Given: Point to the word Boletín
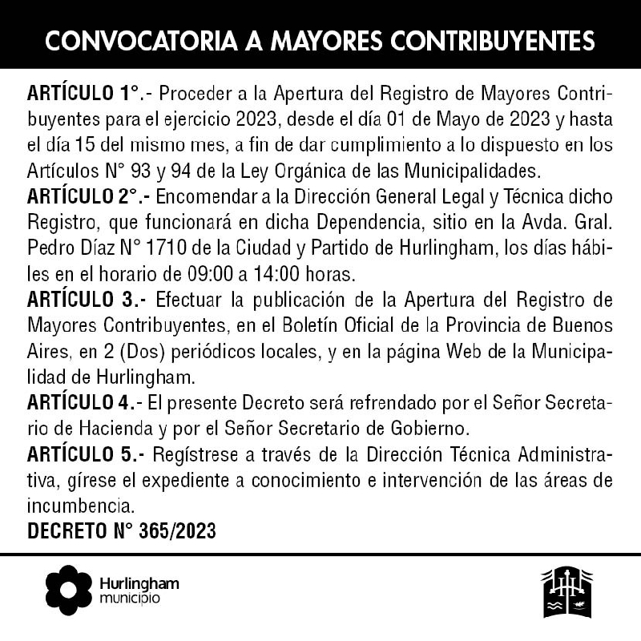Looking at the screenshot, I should (x=310, y=327).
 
